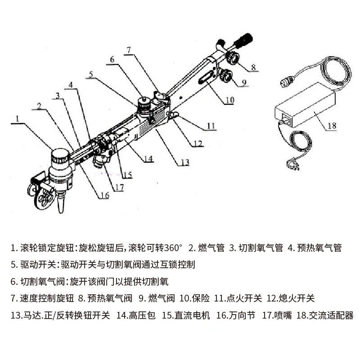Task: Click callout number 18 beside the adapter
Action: coord(332,126)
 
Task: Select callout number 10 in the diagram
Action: coord(229,101)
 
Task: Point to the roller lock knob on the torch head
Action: coord(60,157)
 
